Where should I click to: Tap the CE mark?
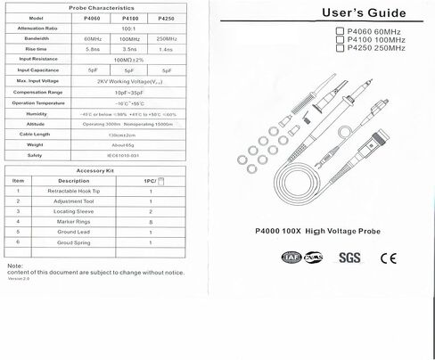pyautogui.click(x=389, y=259)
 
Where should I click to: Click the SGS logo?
pyautogui.click(x=350, y=259)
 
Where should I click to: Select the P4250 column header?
pyautogui.click(x=165, y=18)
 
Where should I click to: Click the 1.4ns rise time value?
pyautogui.click(x=165, y=49)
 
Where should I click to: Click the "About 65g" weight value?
pyautogui.click(x=123, y=143)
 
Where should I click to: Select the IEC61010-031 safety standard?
pyautogui.click(x=123, y=154)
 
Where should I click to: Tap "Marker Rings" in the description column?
pyautogui.click(x=73, y=221)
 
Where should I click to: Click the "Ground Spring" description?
pyautogui.click(x=73, y=241)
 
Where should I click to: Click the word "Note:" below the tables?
pyautogui.click(x=13, y=266)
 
